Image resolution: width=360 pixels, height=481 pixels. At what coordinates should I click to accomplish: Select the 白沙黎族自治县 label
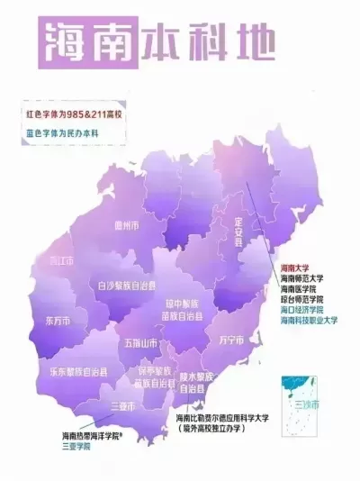click(x=127, y=286)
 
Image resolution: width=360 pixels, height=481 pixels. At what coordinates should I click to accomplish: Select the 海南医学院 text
click(x=299, y=289)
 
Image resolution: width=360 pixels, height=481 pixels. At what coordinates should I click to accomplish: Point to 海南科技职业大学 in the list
click(x=309, y=321)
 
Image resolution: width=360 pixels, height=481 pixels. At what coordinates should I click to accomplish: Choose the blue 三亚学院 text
click(x=76, y=447)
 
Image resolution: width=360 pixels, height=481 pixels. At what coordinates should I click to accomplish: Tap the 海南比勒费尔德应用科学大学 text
click(x=231, y=420)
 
